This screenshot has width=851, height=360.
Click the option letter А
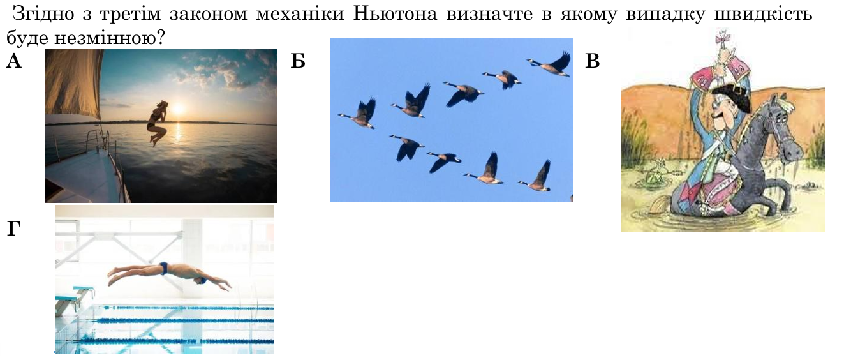click(x=14, y=61)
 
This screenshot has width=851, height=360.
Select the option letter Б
click(x=298, y=61)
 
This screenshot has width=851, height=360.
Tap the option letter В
click(x=593, y=61)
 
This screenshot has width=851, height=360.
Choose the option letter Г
click(x=13, y=229)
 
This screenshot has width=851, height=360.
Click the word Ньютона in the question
click(x=396, y=14)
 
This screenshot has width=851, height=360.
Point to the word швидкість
click(x=763, y=15)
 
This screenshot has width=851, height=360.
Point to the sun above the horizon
click(x=178, y=110)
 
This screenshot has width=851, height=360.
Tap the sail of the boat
click(x=73, y=82)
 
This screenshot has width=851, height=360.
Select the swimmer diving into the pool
click(x=170, y=276)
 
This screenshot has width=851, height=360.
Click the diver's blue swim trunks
click(x=164, y=268)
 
